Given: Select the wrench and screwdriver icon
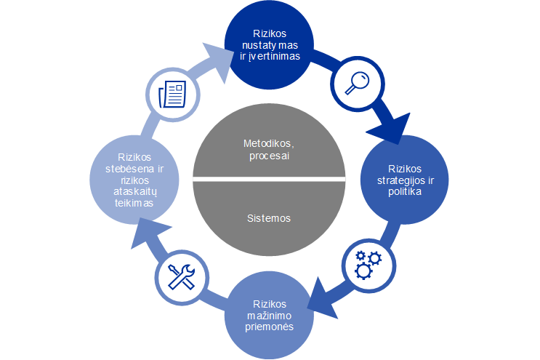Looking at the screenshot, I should tap(181, 276).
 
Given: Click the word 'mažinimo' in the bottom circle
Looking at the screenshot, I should tap(270, 316).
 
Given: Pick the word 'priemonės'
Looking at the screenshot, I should tap(269, 327).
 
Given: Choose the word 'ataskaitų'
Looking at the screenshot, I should tap(133, 193).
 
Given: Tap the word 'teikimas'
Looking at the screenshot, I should tap(133, 204).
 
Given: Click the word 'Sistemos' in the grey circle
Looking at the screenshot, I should tap(269, 217).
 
